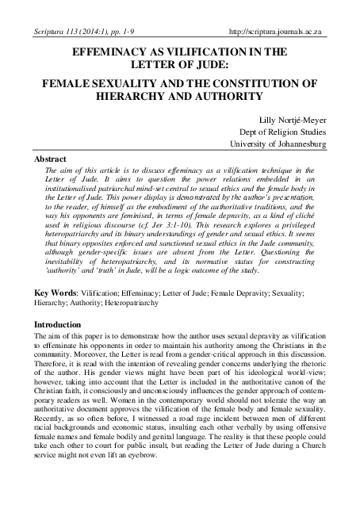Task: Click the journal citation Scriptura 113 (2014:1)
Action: point(64,31)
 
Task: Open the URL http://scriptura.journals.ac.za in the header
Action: point(278,31)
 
